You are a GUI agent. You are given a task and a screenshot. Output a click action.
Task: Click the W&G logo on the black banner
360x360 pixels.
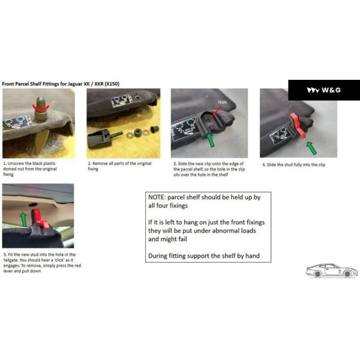coord(324,90)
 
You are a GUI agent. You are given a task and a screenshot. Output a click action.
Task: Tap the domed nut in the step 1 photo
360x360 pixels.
coord(41,109)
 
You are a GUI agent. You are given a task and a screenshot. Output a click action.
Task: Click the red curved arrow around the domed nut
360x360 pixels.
coord(41,108)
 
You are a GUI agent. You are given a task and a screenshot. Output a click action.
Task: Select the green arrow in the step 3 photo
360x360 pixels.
coord(211,140)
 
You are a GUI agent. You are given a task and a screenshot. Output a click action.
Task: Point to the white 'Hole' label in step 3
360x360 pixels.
coord(222,102)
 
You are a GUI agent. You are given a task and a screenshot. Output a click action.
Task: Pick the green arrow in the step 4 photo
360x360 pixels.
coord(312,148)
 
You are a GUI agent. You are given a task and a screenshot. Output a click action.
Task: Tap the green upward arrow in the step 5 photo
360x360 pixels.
coord(23,219)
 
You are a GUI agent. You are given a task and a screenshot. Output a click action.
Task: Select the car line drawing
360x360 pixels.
coord(332,271)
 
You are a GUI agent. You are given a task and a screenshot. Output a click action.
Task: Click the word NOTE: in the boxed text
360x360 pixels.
coord(157,197)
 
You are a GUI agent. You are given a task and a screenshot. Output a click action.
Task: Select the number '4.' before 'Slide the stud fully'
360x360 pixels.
coord(264,165)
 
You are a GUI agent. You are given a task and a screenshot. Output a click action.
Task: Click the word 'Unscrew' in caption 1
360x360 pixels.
coord(16,163)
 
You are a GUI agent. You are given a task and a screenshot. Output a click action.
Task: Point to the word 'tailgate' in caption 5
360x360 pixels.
coord(11,260)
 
